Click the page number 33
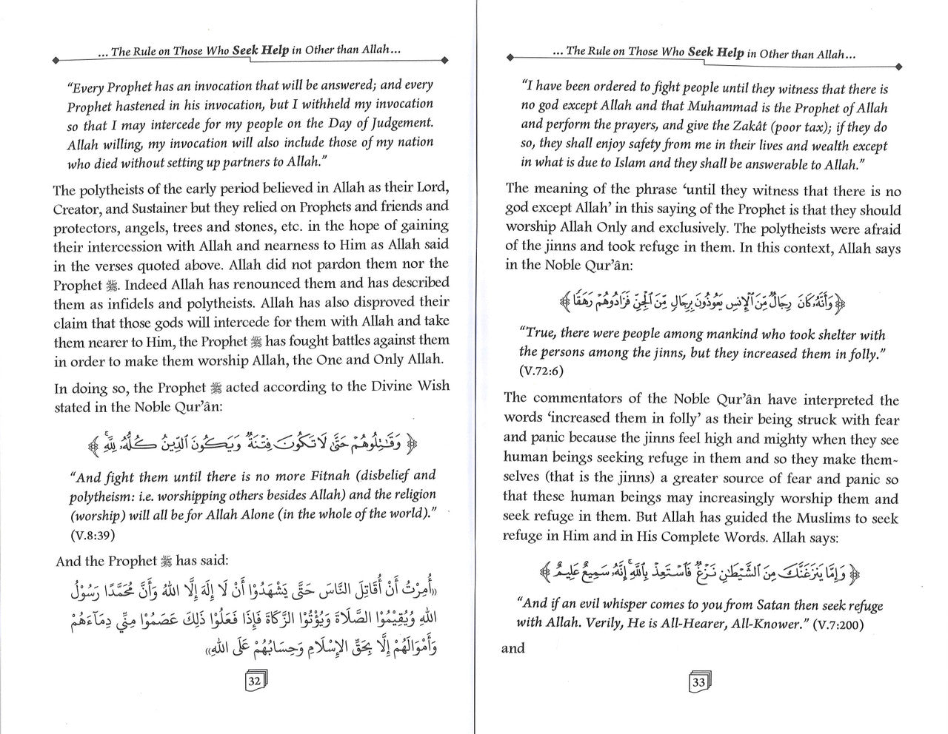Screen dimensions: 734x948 (698, 682)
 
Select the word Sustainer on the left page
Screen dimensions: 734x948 (173, 207)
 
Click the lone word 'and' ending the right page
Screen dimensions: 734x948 (513, 649)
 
